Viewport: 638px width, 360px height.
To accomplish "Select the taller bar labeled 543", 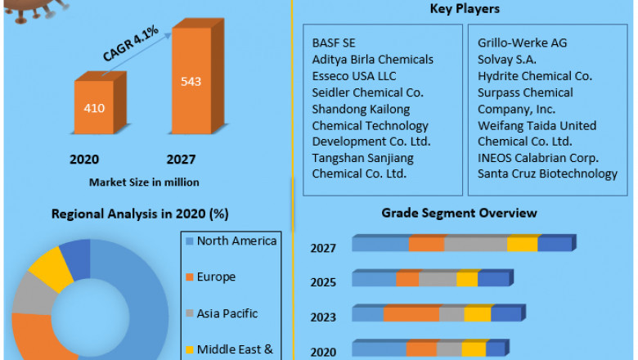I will tap(191, 82).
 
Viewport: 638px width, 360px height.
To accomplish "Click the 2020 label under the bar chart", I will tap(84, 159).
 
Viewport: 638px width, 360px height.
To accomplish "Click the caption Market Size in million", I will tap(143, 182).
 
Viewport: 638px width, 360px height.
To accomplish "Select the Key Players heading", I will tap(465, 9).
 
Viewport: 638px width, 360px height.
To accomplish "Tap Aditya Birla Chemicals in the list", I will tap(372, 59).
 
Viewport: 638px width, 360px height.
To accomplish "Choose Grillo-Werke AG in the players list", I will tap(522, 43).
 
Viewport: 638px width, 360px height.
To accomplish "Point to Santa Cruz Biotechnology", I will tap(547, 173).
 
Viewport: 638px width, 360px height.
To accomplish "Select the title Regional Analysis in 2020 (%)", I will tap(140, 214).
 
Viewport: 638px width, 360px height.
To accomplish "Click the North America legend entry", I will tap(236, 241).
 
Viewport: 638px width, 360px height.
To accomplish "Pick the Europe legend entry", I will tap(216, 277).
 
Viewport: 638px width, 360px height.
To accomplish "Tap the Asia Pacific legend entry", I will tap(227, 313).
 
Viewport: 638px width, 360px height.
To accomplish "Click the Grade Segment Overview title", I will tap(459, 213).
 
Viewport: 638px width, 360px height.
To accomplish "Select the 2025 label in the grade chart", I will tap(322, 282).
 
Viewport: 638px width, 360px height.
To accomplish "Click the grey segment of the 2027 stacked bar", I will tap(475, 244).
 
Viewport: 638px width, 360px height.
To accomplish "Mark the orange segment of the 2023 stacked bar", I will tap(411, 314).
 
